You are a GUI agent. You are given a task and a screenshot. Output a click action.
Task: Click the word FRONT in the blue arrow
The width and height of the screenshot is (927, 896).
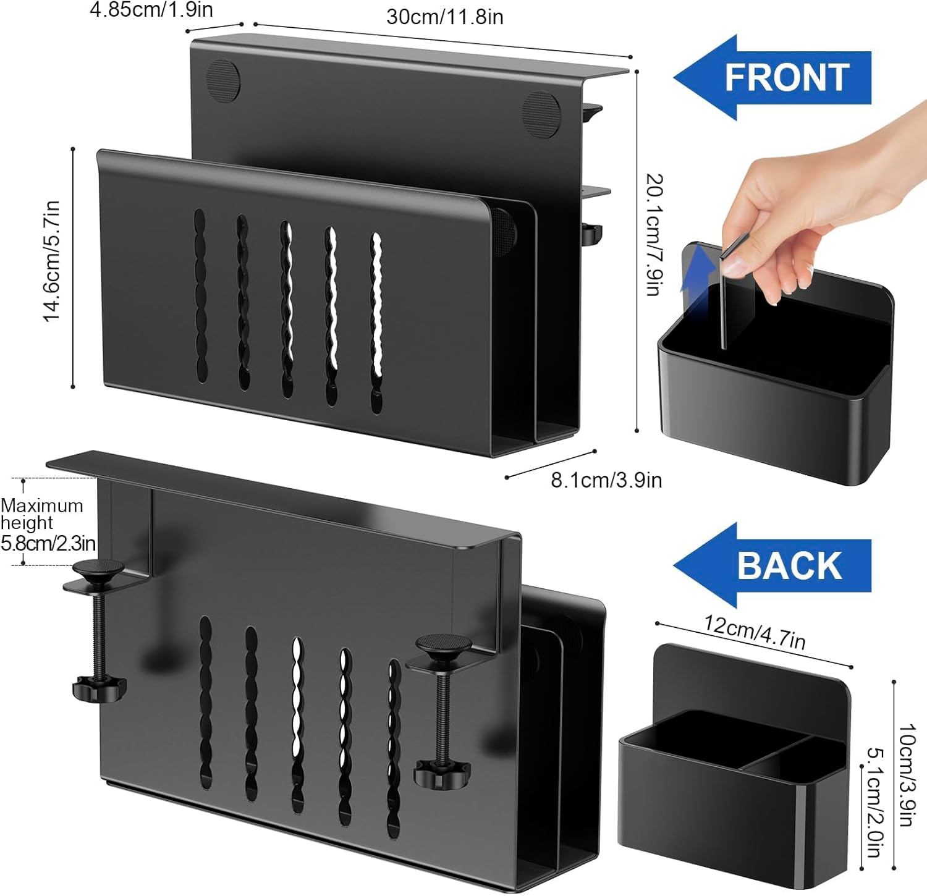[787, 77]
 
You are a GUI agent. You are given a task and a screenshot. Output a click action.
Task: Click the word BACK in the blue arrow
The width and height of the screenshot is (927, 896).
[789, 565]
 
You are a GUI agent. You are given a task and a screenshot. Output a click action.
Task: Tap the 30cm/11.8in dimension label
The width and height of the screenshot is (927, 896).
[444, 17]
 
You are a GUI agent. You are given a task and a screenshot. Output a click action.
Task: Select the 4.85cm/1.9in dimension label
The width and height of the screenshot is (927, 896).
[151, 10]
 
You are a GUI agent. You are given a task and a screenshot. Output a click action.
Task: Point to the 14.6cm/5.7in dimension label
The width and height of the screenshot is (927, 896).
[51, 261]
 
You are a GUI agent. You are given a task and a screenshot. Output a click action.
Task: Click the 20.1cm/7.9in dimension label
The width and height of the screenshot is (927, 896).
[654, 235]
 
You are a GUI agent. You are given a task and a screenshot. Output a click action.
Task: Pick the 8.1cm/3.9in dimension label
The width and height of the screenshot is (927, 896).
[606, 480]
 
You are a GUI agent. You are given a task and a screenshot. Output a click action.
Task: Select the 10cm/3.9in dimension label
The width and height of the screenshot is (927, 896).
[906, 776]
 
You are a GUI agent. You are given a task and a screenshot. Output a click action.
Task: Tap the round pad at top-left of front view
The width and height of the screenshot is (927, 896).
[222, 79]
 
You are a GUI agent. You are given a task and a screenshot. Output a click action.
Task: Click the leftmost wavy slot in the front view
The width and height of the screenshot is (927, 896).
[200, 297]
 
